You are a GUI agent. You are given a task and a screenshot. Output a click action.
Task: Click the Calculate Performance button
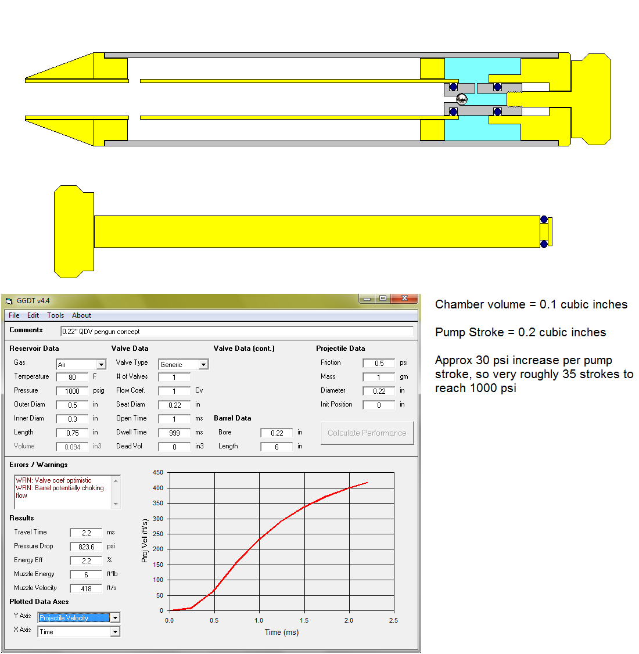pos(367,433)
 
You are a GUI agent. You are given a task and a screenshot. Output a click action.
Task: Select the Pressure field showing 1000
pos(72,391)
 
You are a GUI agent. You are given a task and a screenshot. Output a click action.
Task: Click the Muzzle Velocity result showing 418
pos(86,588)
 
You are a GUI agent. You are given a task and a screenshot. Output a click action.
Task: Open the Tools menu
pos(55,315)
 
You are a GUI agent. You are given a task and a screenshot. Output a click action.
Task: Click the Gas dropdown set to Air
pos(81,365)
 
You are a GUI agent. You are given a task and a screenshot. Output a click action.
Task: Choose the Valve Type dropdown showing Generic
pos(183,365)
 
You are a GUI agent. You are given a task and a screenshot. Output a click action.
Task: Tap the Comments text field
pos(237,332)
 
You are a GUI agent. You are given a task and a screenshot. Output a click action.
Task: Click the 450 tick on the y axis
pos(158,473)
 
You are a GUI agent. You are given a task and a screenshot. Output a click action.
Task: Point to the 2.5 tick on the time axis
pos(393,620)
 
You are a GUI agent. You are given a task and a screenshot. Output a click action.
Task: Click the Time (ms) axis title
pos(282,633)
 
